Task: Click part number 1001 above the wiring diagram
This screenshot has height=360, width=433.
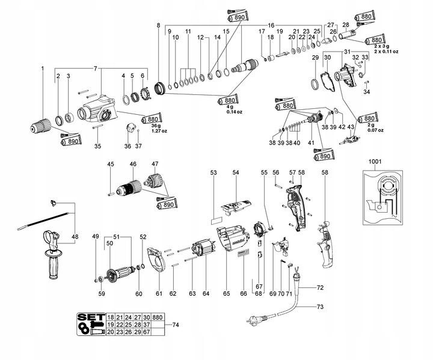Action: [375, 162]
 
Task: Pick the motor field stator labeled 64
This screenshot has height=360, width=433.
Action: [203, 249]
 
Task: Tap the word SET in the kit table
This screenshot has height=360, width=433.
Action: [91, 317]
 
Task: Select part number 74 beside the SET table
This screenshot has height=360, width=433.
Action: [176, 325]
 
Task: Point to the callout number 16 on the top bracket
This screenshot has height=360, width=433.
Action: [271, 25]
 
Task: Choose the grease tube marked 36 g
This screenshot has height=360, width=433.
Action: [152, 119]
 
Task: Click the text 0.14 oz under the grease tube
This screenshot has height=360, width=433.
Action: [234, 112]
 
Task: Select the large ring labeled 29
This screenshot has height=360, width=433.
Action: [315, 84]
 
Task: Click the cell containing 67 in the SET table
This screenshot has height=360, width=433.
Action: [147, 332]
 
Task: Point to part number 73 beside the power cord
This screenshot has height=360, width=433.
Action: [320, 307]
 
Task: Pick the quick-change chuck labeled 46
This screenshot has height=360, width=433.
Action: [129, 188]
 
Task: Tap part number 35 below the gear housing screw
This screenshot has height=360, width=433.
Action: [98, 146]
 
